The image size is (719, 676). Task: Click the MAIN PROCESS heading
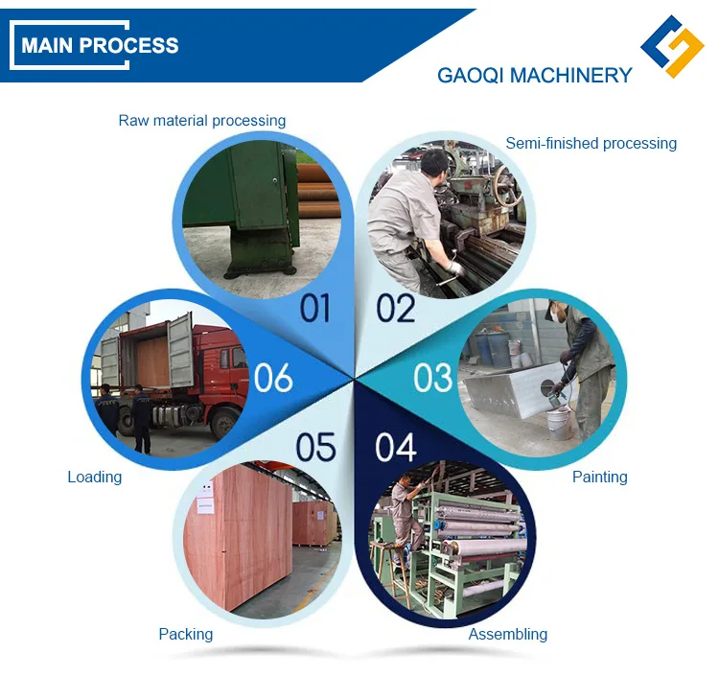(x=100, y=45)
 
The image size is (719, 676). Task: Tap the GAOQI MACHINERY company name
(x=534, y=76)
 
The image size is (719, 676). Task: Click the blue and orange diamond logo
(x=672, y=46)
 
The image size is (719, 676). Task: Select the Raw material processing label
(x=201, y=121)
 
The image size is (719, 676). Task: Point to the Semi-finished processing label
(x=591, y=144)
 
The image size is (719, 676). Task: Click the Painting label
(x=599, y=477)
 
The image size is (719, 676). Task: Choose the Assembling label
(x=507, y=634)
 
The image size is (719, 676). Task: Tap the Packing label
(x=185, y=634)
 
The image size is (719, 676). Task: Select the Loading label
(x=94, y=477)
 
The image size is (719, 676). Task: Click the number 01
(x=314, y=308)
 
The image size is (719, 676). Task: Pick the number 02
(x=395, y=308)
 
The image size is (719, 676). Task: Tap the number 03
(x=432, y=378)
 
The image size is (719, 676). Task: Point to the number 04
(x=396, y=447)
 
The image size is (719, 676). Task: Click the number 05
(x=315, y=447)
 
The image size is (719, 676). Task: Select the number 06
(x=273, y=378)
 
